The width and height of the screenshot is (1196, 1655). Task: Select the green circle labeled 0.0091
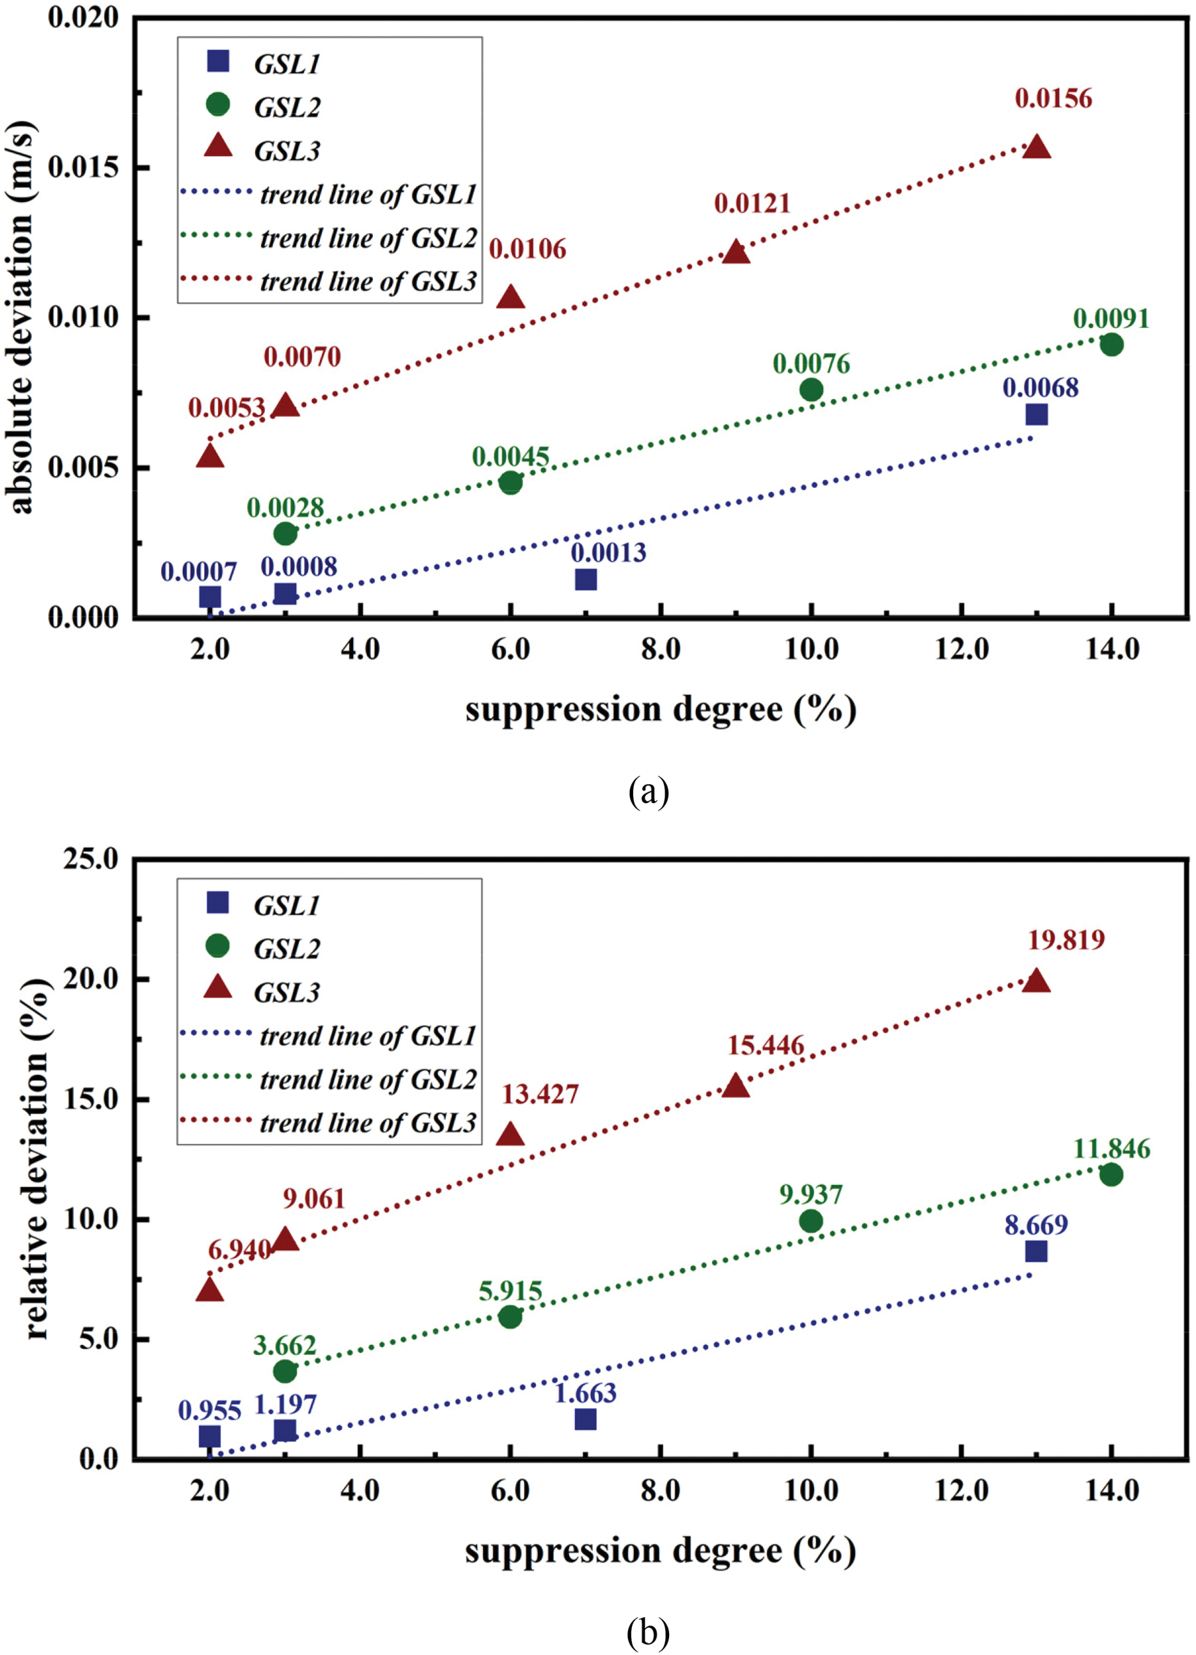coord(1111,345)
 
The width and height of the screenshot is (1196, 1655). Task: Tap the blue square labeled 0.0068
coord(1036,414)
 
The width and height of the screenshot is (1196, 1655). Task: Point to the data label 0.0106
coord(527,249)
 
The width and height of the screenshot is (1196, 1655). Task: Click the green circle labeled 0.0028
coord(285,533)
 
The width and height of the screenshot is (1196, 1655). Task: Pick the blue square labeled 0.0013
coord(585,579)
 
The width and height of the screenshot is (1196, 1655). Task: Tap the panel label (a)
coord(648,792)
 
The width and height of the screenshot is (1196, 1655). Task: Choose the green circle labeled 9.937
coord(811,1221)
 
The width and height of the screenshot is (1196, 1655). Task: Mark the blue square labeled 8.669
coord(1036,1251)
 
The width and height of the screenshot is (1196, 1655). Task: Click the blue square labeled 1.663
coord(585,1419)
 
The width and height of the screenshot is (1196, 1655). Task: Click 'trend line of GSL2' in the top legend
coord(368,239)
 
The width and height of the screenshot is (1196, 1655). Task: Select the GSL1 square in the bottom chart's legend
coord(217,903)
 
